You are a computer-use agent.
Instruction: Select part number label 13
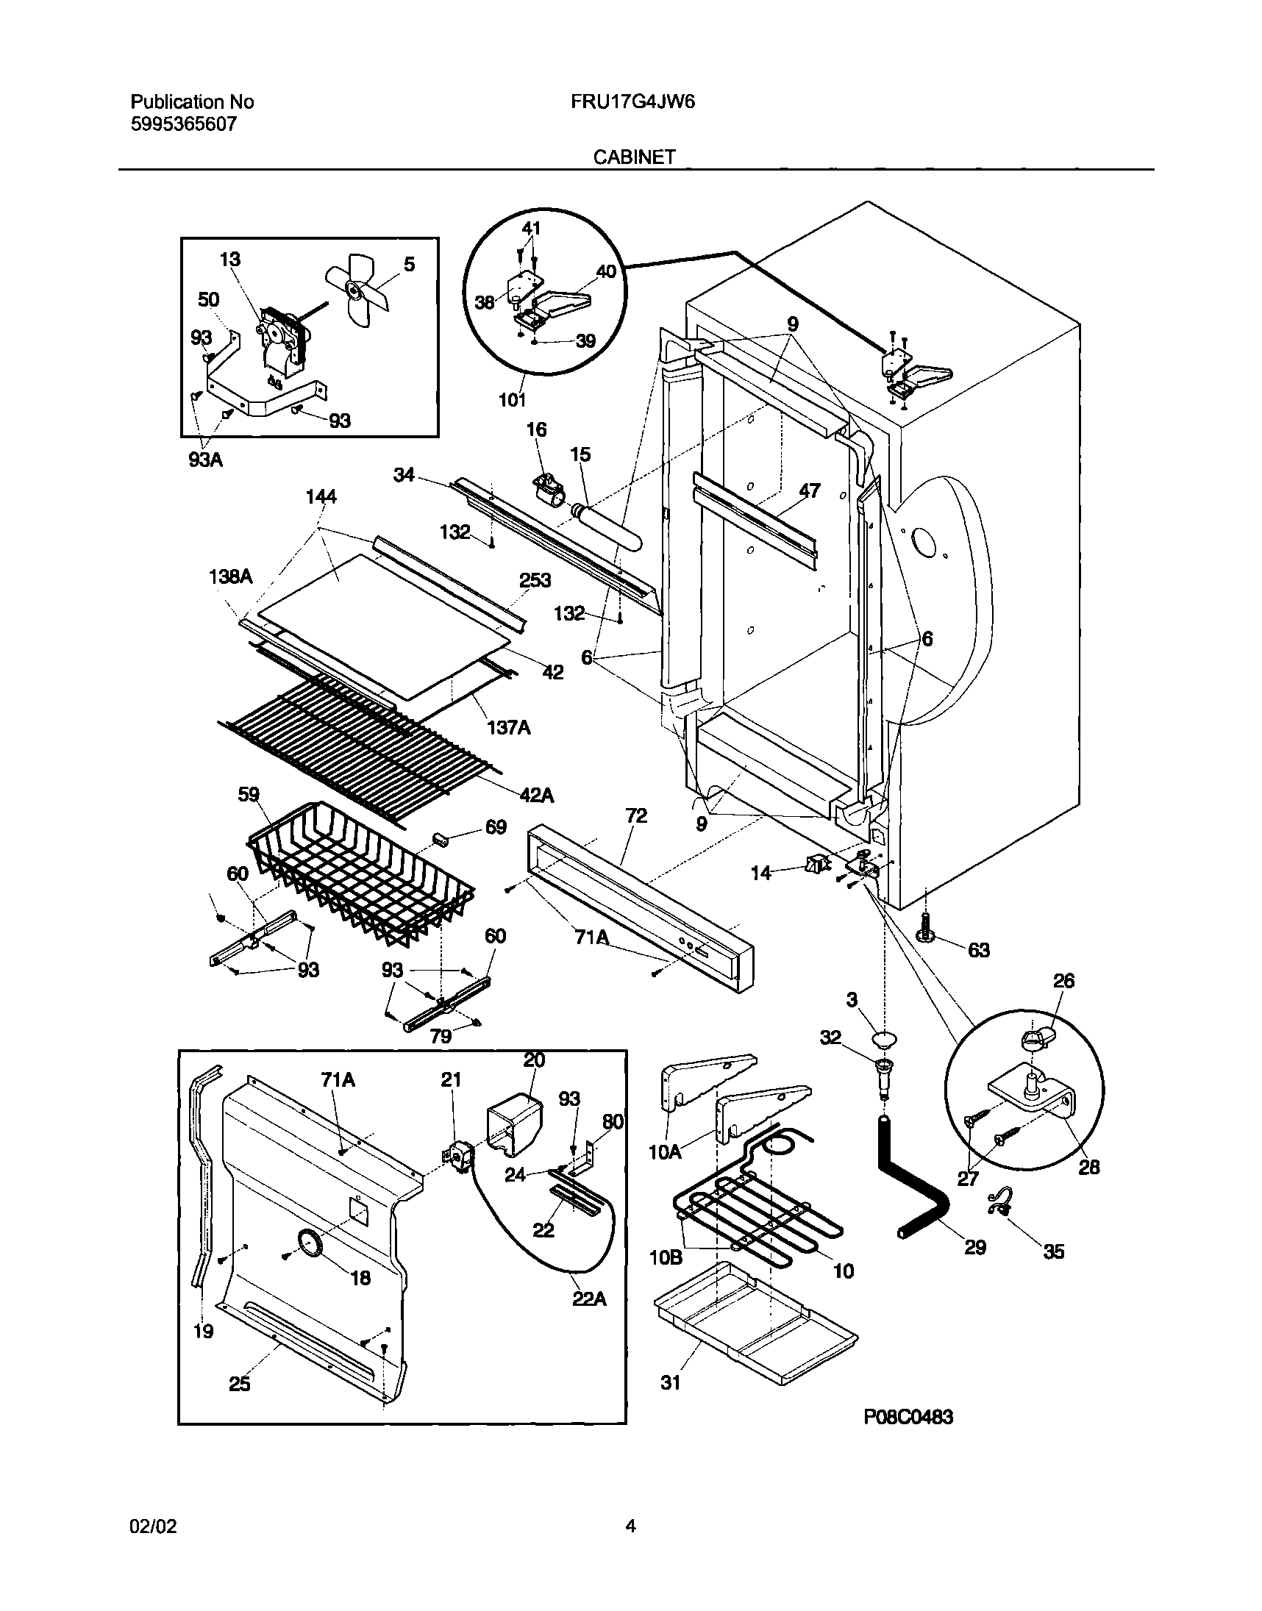click(229, 260)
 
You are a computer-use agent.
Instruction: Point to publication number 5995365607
click(184, 124)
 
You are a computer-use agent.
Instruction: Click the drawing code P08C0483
click(908, 1417)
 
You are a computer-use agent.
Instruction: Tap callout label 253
click(535, 581)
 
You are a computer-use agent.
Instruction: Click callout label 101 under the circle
click(512, 399)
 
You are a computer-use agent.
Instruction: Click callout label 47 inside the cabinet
click(810, 490)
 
